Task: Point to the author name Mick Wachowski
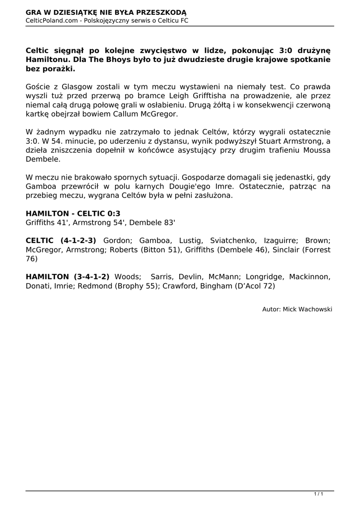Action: coord(307,309)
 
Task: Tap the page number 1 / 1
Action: coord(319,494)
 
